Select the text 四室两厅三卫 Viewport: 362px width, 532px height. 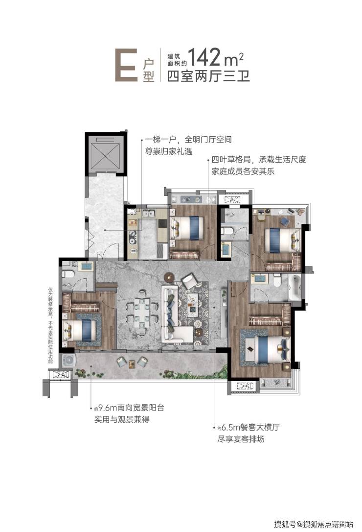[208, 75]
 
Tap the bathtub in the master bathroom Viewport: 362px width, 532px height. [294, 287]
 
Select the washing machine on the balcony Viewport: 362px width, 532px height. [68, 360]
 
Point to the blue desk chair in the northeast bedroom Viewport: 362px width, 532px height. [284, 221]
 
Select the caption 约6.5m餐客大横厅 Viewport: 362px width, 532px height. [249, 427]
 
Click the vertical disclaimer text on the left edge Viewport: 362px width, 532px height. [50, 325]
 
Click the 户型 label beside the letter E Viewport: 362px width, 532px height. [148, 70]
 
